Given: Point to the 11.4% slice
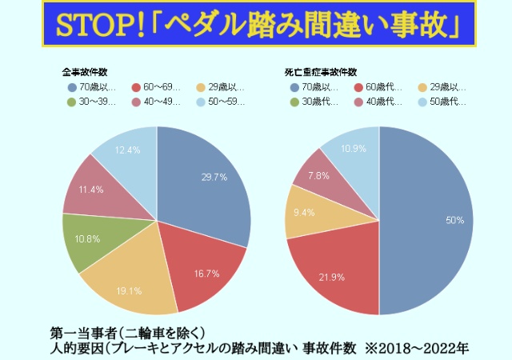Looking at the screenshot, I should [92, 190].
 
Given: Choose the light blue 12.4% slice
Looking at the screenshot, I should [128, 153].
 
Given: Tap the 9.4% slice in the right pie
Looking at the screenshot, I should [306, 213].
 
